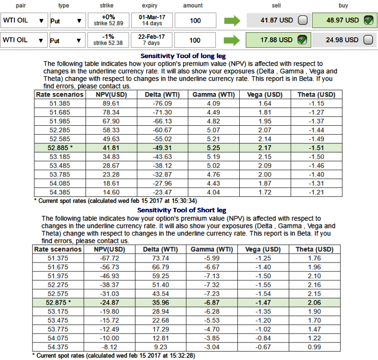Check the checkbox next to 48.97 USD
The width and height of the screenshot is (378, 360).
(x=368, y=20)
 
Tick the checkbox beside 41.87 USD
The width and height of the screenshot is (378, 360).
(x=302, y=21)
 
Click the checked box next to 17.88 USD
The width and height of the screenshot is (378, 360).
(x=302, y=40)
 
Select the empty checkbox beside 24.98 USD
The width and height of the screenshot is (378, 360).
(x=368, y=40)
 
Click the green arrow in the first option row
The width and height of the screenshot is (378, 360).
(x=232, y=21)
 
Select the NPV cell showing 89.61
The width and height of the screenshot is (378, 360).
(x=111, y=103)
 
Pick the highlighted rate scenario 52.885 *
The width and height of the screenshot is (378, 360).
(x=60, y=148)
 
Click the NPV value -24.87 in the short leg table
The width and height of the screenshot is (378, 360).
(x=109, y=303)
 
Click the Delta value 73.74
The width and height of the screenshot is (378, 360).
(x=161, y=258)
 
